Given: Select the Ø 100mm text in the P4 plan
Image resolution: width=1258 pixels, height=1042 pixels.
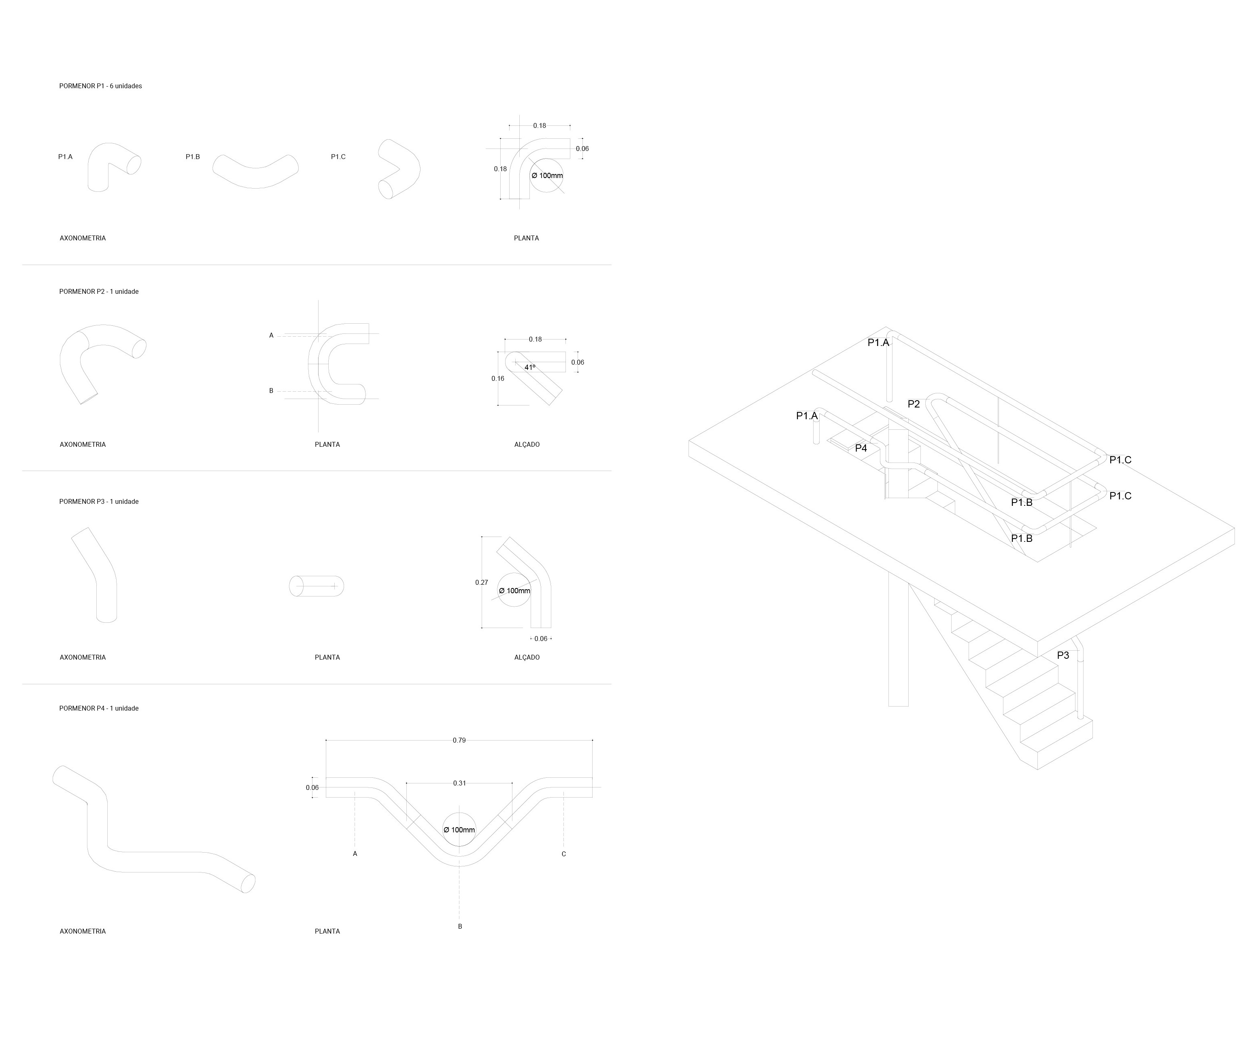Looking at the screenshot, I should tap(459, 830).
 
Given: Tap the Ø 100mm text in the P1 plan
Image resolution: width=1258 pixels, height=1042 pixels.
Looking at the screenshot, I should tap(547, 176).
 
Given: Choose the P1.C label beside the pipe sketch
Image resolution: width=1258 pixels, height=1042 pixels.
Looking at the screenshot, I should tap(338, 157).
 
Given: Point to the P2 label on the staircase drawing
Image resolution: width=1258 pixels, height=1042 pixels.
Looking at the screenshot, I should tap(913, 404).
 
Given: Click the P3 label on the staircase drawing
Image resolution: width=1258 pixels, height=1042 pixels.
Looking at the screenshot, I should tap(1063, 656).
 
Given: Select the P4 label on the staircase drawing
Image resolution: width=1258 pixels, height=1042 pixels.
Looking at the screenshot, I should tap(861, 448).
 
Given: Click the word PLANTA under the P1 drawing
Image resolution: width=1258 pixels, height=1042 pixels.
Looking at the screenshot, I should tap(526, 238).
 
